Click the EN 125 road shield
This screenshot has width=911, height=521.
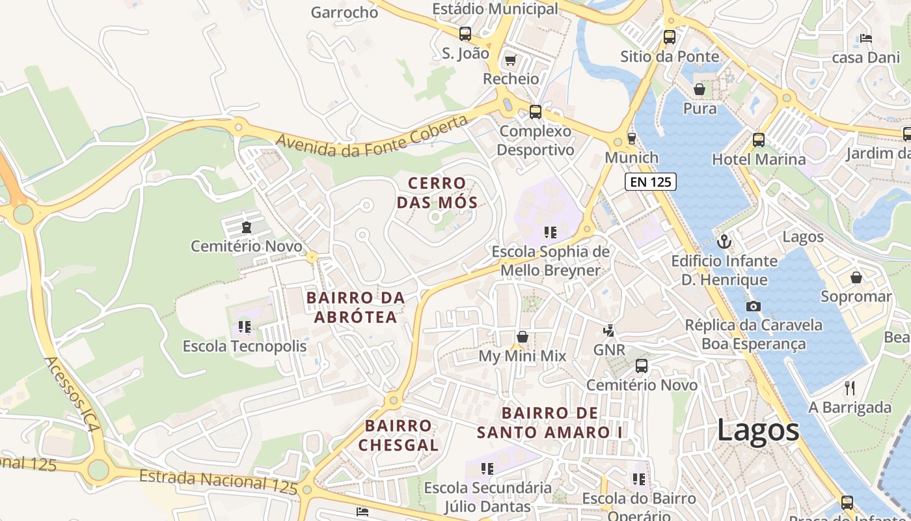point(651,182)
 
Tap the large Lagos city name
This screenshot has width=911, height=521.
point(758,431)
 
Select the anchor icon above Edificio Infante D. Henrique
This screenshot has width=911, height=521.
point(724,242)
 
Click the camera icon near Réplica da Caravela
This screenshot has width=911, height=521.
point(754,306)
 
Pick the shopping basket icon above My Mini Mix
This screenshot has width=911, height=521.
point(522,337)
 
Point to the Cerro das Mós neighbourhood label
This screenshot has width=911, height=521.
point(437,193)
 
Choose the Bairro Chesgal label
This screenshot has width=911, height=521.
point(398,436)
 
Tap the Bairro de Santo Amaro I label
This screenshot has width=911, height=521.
point(550,423)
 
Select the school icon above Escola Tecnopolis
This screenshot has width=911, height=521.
point(245,326)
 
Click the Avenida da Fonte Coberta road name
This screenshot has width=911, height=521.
point(372,137)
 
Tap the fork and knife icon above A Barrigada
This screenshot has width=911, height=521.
point(849,388)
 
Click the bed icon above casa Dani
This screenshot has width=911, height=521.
point(865,38)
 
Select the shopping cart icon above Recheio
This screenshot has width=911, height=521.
point(510,61)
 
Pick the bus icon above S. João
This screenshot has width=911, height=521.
point(465,34)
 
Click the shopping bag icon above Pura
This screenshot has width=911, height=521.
point(700,89)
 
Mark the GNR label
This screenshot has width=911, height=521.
point(609,350)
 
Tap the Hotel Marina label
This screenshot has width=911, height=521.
point(758,160)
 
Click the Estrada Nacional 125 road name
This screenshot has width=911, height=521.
point(218,481)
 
